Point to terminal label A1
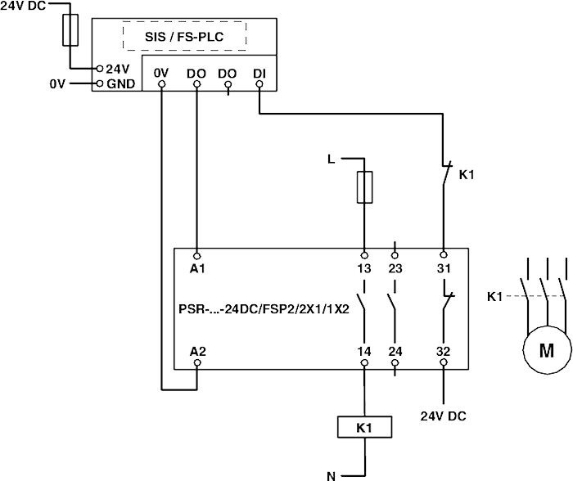[x=197, y=267]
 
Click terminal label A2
[x=197, y=351]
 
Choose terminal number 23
[x=395, y=267]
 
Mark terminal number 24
[x=395, y=351]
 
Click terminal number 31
[x=443, y=267]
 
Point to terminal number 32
[x=443, y=351]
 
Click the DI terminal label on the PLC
[x=259, y=73]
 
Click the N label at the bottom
[x=332, y=474]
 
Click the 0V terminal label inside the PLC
[x=161, y=73]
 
